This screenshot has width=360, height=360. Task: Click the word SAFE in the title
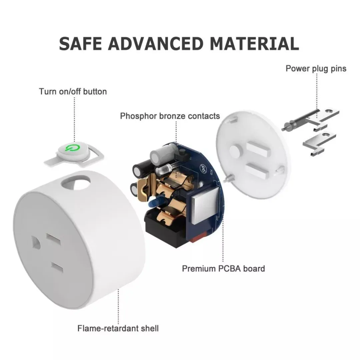[x=80, y=43]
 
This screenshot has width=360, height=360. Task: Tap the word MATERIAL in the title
[x=254, y=43]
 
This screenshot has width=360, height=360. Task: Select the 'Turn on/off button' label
[x=73, y=91]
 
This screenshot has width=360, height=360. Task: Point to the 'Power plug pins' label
[x=316, y=68]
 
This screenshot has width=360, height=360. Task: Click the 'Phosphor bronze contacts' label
[x=170, y=116]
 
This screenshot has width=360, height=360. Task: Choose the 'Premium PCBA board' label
[x=223, y=268]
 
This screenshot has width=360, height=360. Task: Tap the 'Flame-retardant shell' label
[x=118, y=328]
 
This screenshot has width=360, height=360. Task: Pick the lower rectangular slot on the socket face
[x=57, y=267]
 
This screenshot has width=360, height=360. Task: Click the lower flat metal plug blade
[x=319, y=143]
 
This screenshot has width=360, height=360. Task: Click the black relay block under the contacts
[x=165, y=227]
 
